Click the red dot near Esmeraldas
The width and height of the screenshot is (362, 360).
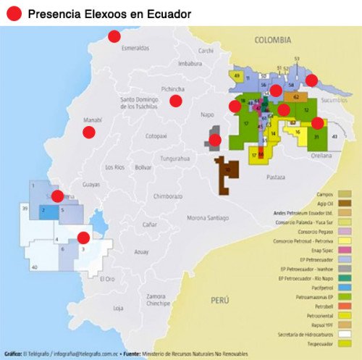point(114,36)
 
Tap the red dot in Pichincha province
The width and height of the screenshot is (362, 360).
point(175,101)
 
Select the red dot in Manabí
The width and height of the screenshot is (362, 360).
point(89,132)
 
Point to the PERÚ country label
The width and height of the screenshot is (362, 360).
point(219,298)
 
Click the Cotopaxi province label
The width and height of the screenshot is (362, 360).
point(156,135)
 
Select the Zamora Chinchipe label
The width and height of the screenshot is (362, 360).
point(156,299)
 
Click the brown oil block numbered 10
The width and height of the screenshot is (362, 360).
point(228,171)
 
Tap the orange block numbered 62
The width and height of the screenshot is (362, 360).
point(296,96)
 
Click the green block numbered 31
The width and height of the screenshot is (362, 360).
point(316,136)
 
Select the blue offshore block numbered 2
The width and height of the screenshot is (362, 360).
point(44,211)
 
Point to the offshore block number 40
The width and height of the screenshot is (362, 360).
point(34,267)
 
